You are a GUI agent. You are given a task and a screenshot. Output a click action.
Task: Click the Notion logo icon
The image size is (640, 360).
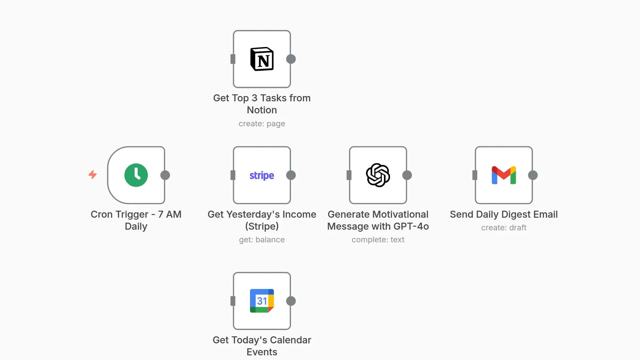tap(262, 59)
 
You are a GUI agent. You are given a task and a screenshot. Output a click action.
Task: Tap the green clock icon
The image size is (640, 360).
tap(136, 175)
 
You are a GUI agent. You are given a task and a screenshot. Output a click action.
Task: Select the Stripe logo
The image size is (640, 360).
tap(262, 175)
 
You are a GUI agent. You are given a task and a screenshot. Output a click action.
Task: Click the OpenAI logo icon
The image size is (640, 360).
tap(378, 175)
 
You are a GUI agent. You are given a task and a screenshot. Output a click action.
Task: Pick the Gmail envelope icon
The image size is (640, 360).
tap(504, 175)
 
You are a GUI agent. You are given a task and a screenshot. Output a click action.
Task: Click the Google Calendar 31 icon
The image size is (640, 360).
tap(262, 301)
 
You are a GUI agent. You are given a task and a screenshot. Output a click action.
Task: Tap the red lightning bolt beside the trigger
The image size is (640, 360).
tap(93, 174)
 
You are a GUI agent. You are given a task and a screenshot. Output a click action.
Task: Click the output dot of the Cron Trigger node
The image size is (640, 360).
tap(165, 175)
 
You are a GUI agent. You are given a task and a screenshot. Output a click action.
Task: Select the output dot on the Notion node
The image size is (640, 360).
tap(291, 59)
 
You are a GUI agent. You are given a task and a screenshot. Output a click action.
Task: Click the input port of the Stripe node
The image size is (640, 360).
tap(233, 175)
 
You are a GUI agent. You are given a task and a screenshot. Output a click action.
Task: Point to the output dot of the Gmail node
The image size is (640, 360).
tap(533, 175)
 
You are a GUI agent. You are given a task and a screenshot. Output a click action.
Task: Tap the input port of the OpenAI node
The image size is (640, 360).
tap(349, 175)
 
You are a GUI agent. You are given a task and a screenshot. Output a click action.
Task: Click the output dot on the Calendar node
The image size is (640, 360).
tap(291, 301)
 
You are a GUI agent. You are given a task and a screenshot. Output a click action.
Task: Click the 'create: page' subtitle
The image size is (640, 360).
tap(262, 124)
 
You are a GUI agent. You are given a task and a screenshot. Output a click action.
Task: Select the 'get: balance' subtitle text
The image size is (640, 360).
tap(262, 240)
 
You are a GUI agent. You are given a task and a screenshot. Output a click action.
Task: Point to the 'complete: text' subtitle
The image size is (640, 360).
tap(378, 240)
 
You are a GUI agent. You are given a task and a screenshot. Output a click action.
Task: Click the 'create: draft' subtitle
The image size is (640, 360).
tap(504, 228)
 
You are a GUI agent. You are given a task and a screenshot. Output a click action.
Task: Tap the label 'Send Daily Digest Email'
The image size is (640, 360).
tap(504, 214)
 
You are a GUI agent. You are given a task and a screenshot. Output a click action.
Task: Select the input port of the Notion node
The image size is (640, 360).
tap(233, 59)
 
